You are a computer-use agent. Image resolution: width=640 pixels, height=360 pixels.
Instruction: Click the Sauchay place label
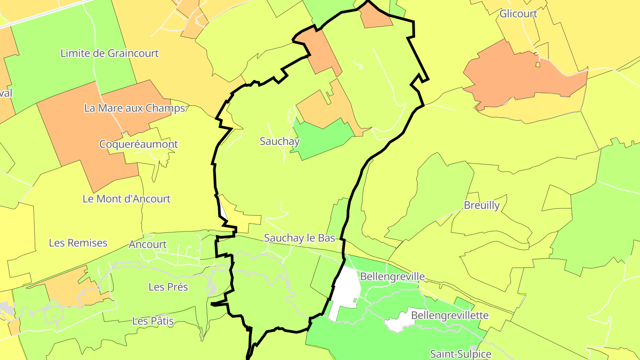280,141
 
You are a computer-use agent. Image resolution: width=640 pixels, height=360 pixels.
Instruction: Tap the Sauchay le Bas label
300,238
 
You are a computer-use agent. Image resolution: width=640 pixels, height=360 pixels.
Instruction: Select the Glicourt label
518,13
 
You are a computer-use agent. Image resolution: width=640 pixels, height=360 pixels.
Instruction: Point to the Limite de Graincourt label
109,53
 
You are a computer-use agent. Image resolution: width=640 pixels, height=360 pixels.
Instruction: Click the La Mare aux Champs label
134,108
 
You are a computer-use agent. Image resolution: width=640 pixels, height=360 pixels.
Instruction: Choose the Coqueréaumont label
138,144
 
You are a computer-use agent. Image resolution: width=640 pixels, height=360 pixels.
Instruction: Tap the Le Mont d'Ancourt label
127,199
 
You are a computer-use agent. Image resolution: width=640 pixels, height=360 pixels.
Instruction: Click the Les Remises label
78,243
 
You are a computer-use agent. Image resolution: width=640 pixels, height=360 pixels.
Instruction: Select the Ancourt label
148,244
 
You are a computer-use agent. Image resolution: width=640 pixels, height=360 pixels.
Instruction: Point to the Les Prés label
168,287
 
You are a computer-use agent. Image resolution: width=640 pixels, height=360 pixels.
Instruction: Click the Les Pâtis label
153,320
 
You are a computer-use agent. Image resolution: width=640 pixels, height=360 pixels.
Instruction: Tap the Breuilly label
482,205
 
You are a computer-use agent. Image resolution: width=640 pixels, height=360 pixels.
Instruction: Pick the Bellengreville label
392,276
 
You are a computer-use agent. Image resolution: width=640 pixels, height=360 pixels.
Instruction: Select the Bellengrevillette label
450,315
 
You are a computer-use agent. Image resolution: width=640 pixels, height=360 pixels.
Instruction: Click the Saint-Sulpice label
460,354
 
